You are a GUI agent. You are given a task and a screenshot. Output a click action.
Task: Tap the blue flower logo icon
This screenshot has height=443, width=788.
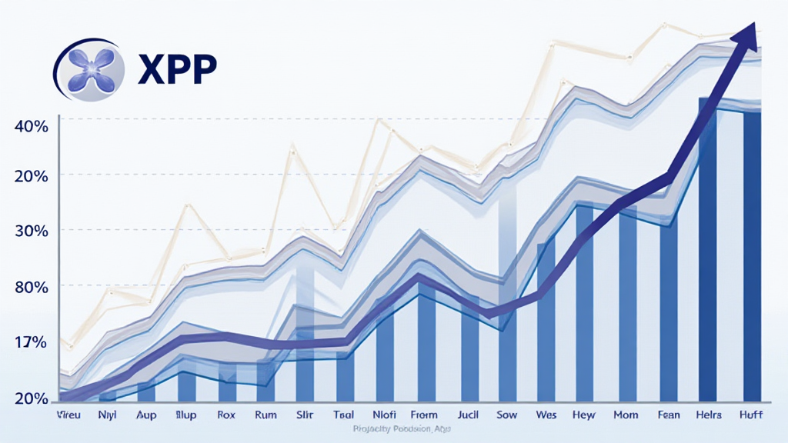[91, 68]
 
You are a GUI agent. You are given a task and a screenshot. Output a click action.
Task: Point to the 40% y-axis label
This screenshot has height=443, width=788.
[32, 126]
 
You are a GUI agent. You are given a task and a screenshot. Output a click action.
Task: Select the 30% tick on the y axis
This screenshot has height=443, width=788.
[32, 231]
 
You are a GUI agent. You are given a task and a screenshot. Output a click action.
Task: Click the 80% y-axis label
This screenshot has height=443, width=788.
[32, 287]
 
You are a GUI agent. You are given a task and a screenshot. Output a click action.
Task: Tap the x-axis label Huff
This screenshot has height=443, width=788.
[750, 415]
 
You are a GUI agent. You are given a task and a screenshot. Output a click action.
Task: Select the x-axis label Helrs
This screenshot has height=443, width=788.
[708, 415]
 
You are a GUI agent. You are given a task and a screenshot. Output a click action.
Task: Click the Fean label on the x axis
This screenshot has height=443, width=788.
[668, 415]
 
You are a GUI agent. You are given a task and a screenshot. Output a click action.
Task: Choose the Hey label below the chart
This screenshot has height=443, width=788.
[585, 415]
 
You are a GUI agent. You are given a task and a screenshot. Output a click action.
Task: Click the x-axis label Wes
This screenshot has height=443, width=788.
[545, 415]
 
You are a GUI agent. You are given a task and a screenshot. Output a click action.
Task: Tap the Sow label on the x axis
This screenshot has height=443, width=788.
[506, 415]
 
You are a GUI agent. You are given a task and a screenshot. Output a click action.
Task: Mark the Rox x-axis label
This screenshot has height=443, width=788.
[227, 415]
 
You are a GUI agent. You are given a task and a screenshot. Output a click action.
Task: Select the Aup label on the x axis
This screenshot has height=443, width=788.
[146, 415]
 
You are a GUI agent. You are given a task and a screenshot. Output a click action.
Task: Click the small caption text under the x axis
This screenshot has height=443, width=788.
[393, 428]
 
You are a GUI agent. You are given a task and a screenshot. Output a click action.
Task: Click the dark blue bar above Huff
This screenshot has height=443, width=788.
[751, 258]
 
